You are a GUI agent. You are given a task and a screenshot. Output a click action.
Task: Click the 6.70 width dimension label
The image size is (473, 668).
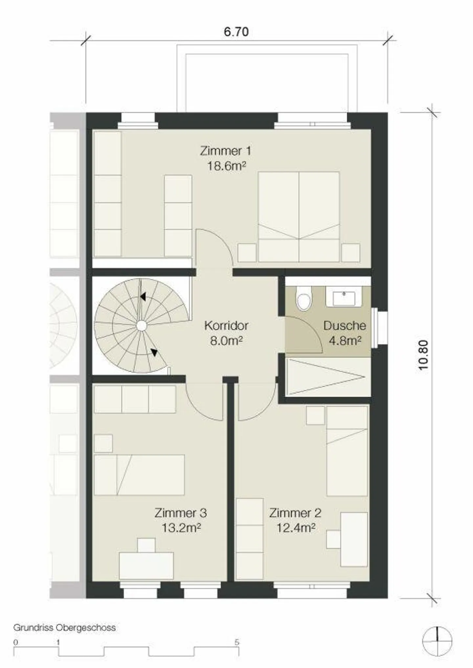pos(236,32)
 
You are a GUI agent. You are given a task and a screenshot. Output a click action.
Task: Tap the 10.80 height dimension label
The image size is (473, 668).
pos(423,355)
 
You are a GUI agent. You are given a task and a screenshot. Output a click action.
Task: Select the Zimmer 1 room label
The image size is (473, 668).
pos(226,151)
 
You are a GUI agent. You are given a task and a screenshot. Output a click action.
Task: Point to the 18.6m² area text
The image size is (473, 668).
pos(226,166)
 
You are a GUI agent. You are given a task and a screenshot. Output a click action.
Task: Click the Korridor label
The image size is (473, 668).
pos(226,326)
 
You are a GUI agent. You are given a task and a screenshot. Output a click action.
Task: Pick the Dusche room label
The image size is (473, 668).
pos(345,326)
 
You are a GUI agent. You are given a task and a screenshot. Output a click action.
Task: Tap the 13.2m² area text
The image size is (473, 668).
pos(181,528)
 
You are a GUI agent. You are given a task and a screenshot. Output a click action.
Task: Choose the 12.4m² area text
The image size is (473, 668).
pos(296,528)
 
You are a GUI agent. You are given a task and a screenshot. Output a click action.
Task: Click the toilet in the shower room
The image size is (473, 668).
pos(304,298)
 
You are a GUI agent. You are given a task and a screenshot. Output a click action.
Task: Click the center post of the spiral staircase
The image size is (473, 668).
pos(141,326)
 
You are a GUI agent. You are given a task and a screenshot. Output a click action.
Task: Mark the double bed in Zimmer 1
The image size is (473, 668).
pos(299,217)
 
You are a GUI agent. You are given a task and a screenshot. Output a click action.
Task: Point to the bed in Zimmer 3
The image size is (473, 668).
pos(139,475)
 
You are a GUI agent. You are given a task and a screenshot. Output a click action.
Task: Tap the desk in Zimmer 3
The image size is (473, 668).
pos(146,566)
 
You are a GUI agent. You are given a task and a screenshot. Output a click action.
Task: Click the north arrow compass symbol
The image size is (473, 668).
pos(437,640)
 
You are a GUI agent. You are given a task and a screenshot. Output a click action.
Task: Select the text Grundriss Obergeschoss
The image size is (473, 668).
pos(64,628)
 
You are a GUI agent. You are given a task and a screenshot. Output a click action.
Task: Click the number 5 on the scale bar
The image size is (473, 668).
pos(237,642)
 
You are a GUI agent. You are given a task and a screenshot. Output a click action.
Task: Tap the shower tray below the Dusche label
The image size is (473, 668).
pos(326,377)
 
